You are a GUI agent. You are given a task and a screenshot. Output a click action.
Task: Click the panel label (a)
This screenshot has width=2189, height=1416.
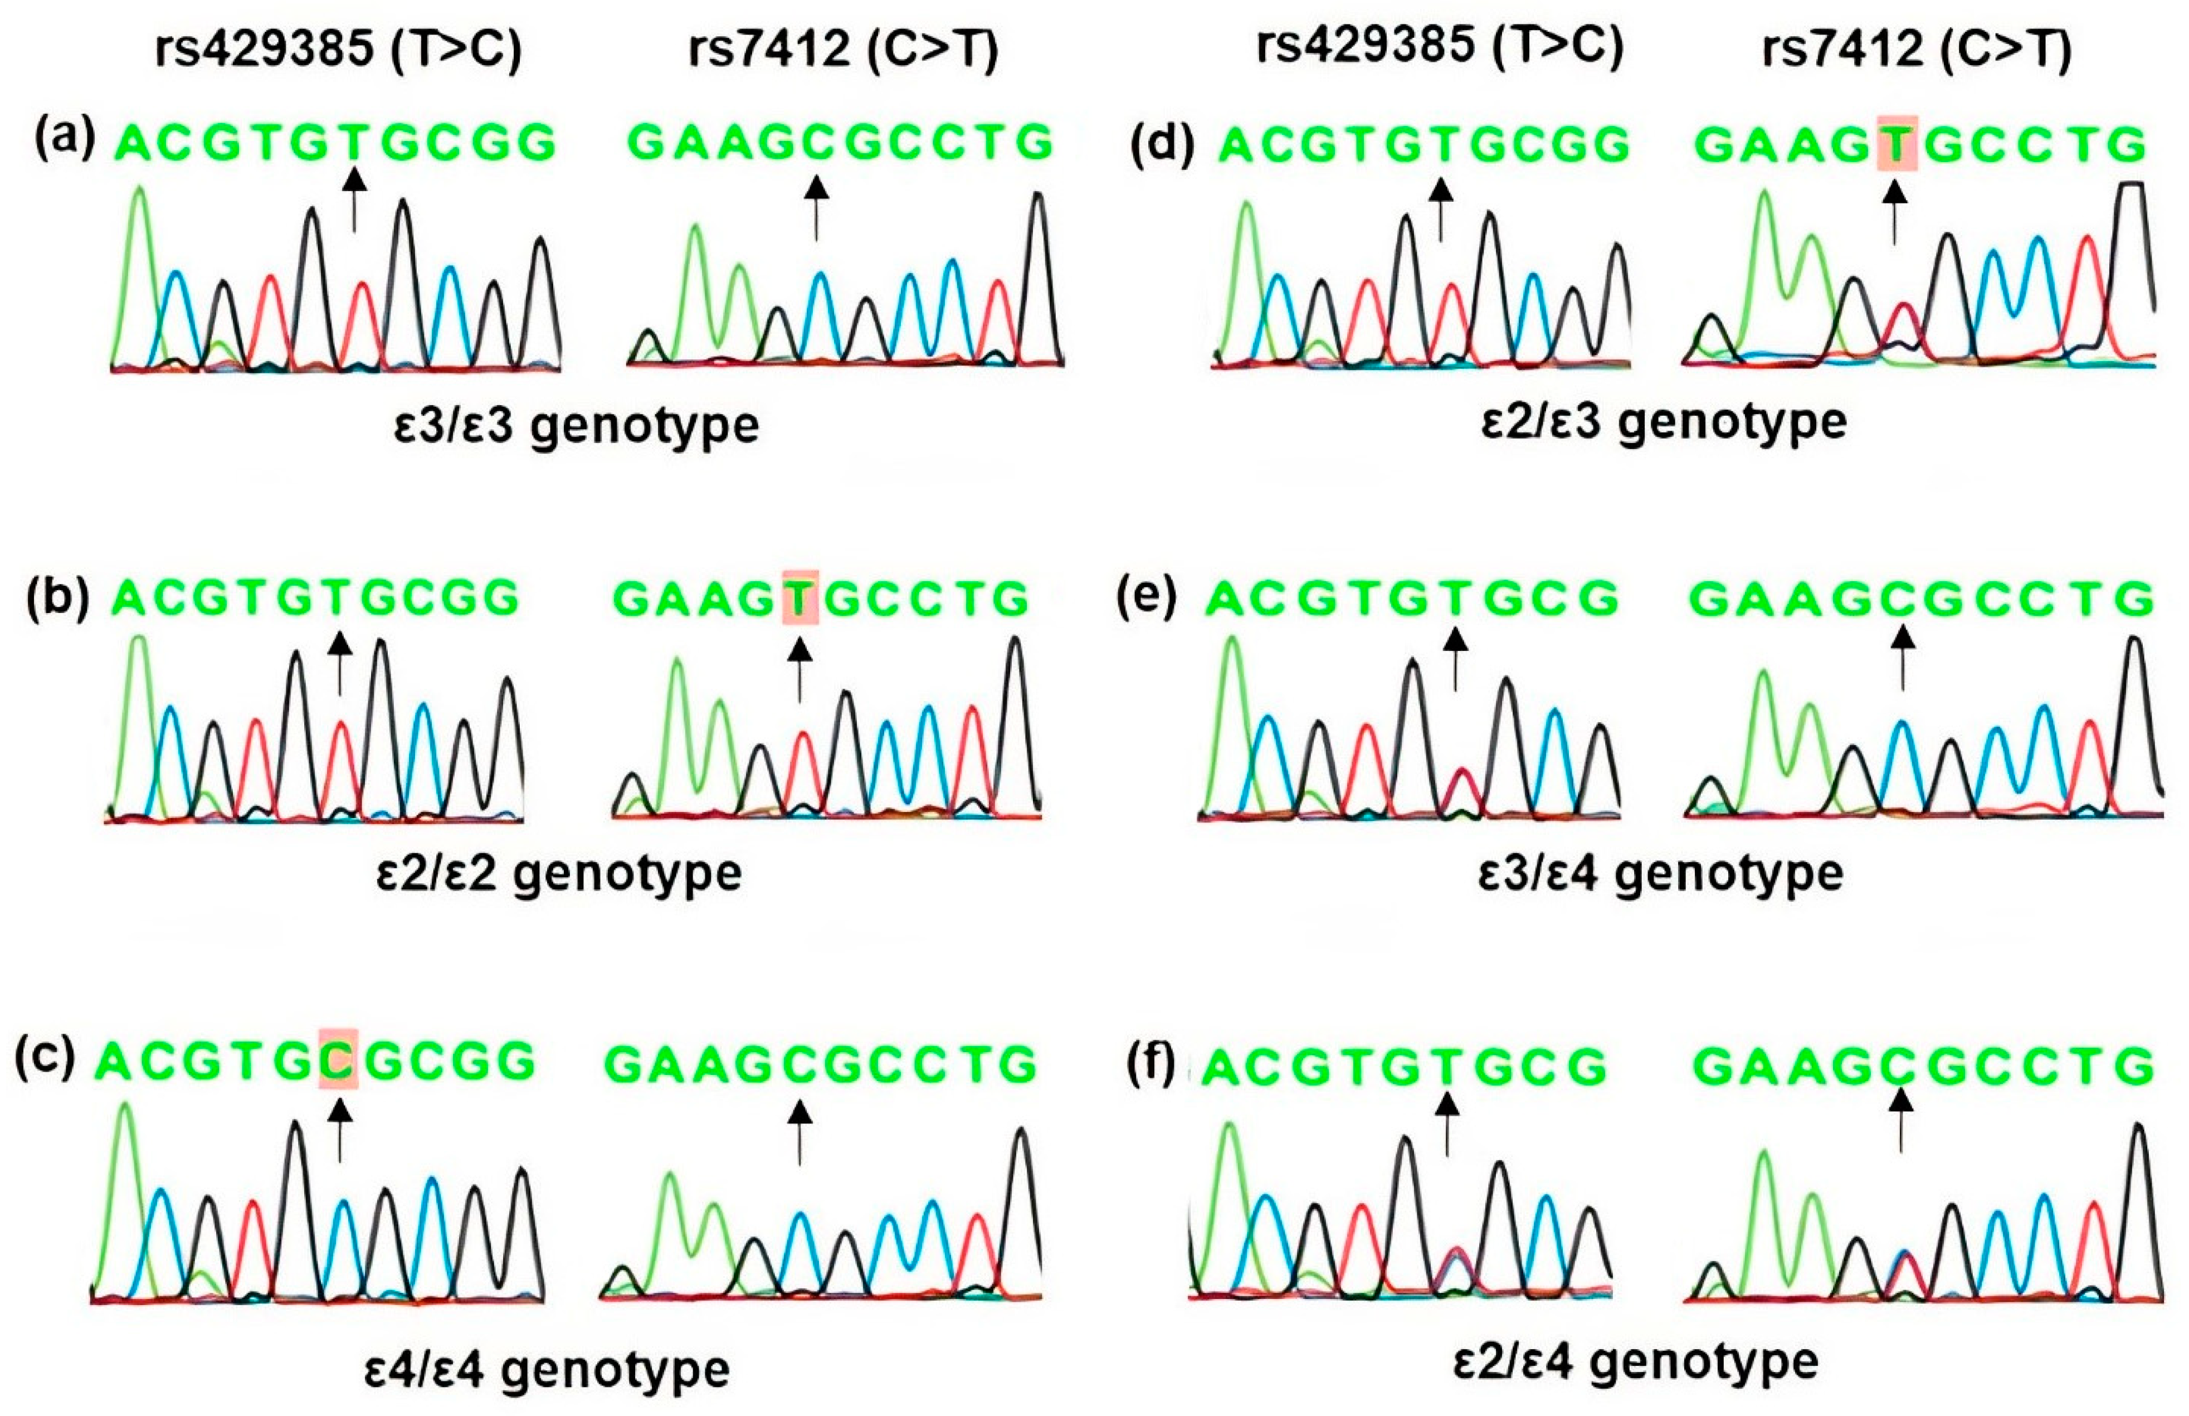(x=65, y=140)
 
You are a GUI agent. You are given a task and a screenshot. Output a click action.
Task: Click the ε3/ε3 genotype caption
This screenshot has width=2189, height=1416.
(x=577, y=426)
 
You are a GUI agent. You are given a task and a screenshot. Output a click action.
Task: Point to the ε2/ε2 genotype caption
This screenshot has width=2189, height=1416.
(x=559, y=872)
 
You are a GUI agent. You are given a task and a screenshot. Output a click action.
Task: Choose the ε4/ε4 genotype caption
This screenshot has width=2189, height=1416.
(x=547, y=1368)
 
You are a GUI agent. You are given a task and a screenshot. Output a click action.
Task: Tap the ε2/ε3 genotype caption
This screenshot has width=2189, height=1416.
(x=1664, y=422)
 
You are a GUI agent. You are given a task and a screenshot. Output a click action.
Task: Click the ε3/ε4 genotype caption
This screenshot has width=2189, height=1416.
(x=1660, y=872)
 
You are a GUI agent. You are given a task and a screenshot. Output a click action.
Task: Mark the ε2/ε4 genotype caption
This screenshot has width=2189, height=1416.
(x=1636, y=1361)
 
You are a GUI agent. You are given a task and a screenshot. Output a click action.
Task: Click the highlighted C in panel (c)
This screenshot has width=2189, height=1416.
(x=338, y=1062)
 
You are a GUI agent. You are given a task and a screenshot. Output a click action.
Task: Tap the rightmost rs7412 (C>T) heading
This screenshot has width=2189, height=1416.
(x=1917, y=48)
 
